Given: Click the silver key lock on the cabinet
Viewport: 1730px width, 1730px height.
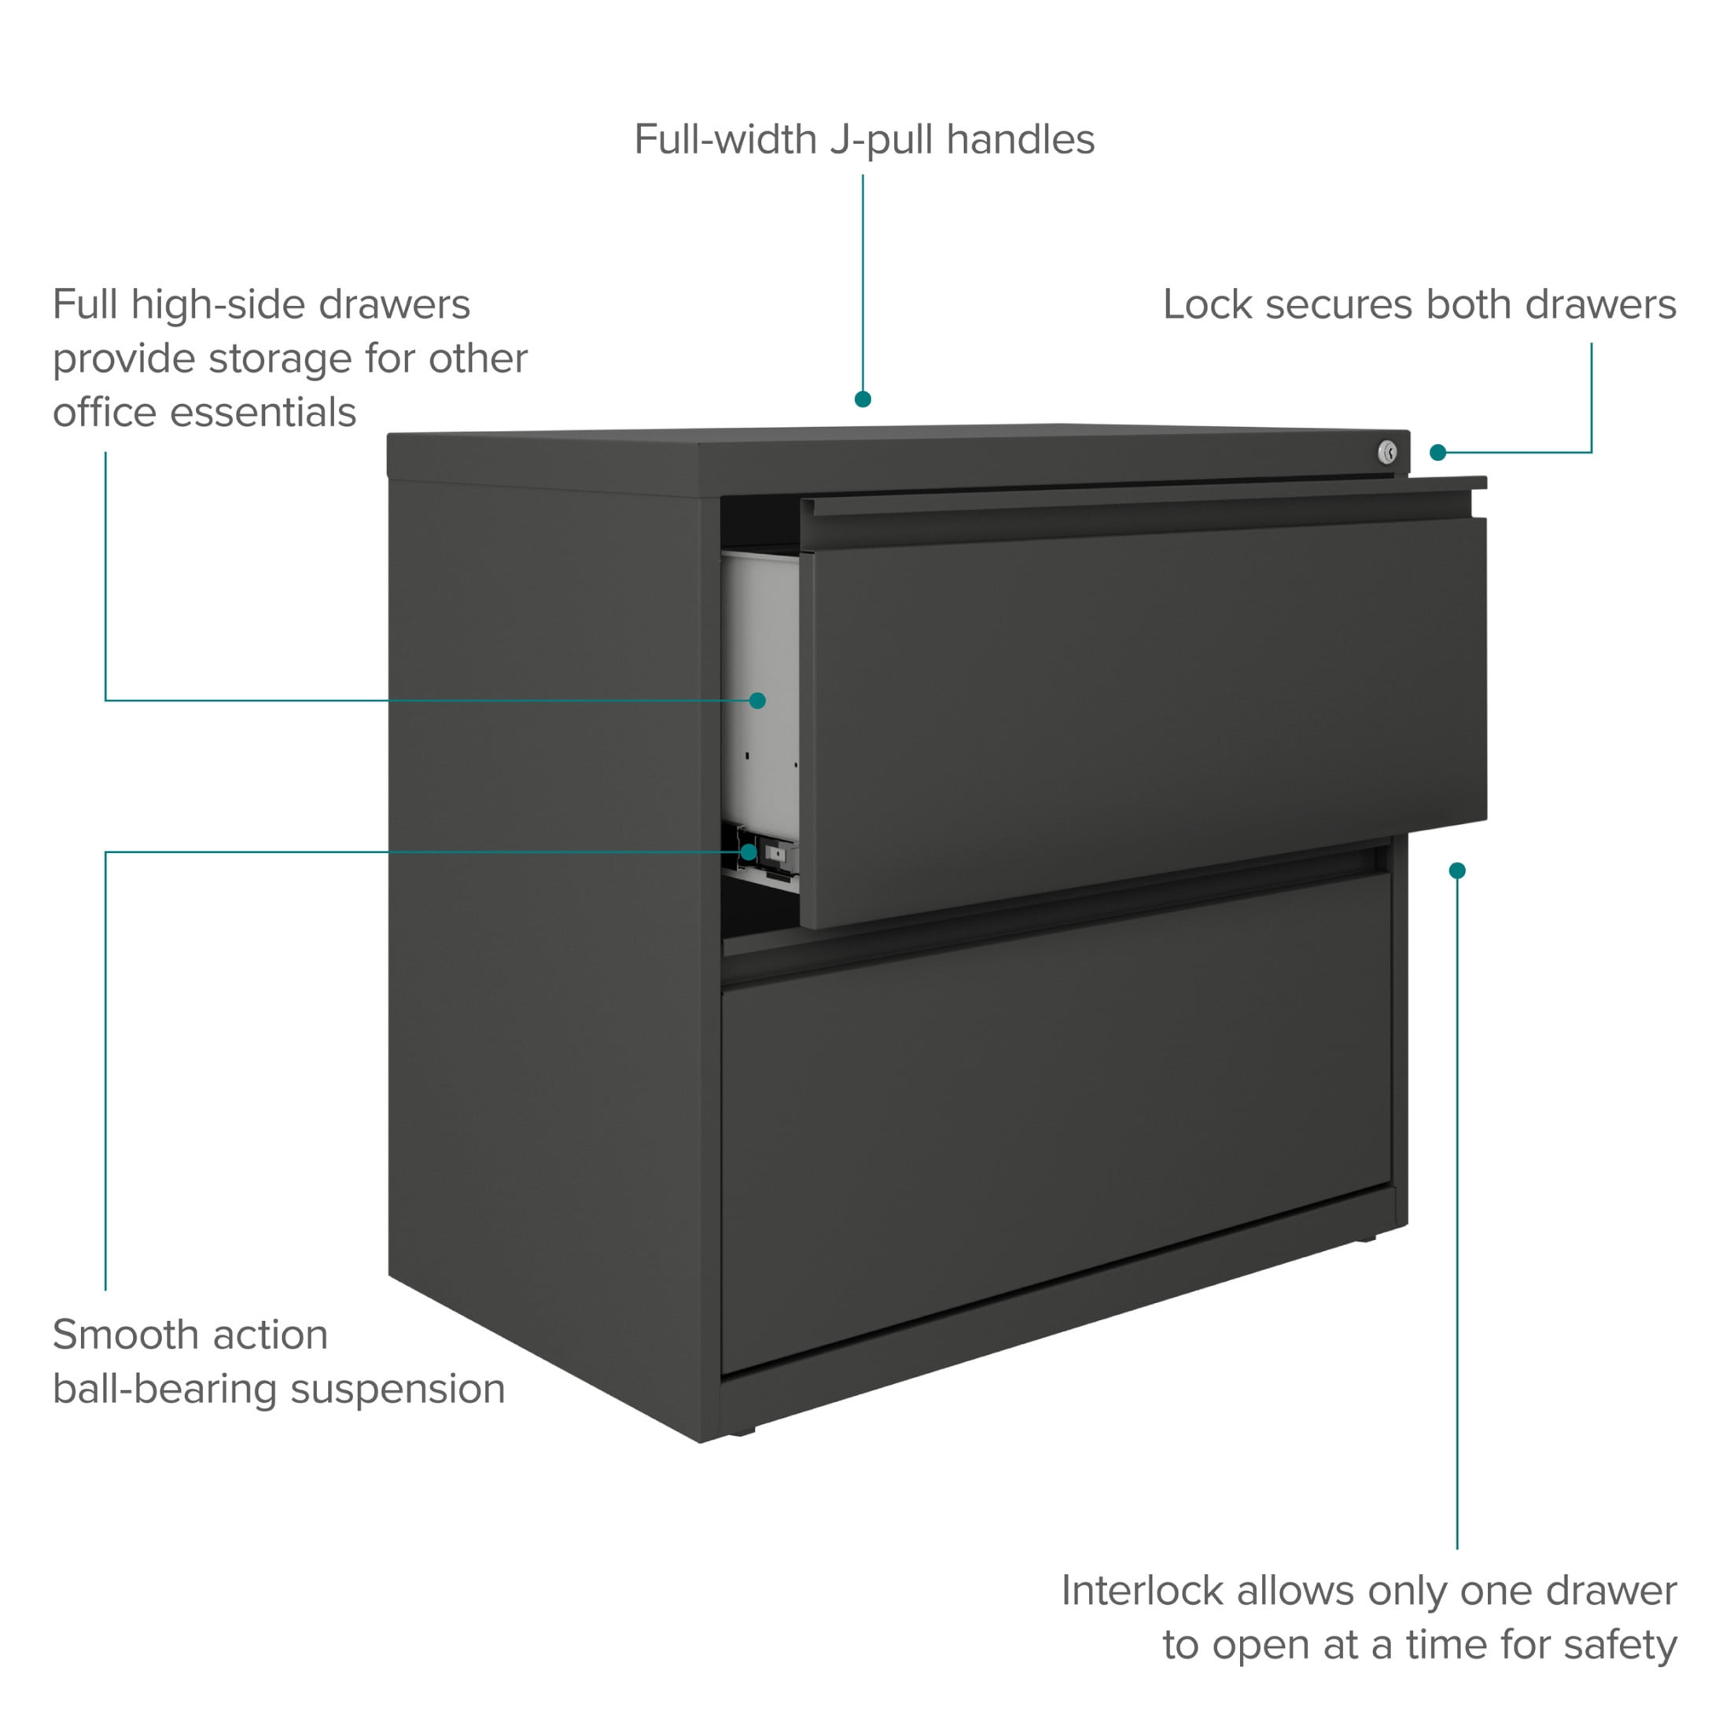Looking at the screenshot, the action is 1387,452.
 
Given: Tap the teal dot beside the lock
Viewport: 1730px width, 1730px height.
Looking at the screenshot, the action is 1438,453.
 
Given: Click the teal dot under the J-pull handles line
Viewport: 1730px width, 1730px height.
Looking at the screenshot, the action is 863,399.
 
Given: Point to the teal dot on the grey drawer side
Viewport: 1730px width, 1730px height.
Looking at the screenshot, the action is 757,700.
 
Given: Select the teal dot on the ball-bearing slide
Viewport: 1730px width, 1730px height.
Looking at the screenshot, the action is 749,852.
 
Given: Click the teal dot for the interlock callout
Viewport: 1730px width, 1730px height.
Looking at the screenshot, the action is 1457,871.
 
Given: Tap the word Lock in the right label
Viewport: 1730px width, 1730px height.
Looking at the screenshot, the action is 1208,304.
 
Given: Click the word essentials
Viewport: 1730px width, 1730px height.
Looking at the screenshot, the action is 263,414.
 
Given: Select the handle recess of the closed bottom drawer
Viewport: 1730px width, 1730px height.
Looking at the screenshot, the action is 1057,913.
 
